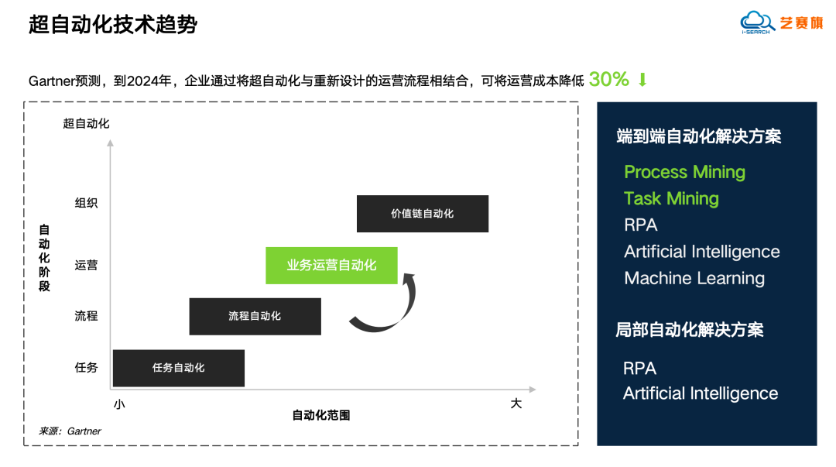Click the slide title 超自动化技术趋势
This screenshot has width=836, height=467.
click(x=113, y=25)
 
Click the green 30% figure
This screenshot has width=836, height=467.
click(x=609, y=79)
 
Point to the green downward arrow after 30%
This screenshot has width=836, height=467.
click(x=642, y=80)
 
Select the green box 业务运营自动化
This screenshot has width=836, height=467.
click(x=331, y=266)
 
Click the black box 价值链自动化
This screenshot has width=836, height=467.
click(x=422, y=214)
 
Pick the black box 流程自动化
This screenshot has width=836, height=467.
click(x=255, y=316)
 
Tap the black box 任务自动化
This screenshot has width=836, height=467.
click(x=178, y=368)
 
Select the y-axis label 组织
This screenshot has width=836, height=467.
click(x=87, y=204)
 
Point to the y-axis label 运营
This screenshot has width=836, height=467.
click(x=87, y=265)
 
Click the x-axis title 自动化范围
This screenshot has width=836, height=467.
click(x=320, y=415)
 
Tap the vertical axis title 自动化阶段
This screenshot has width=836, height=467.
click(x=44, y=258)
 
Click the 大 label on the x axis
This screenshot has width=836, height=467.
click(x=516, y=403)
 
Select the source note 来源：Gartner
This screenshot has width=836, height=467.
click(x=70, y=431)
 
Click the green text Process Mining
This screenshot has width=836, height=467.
click(x=684, y=172)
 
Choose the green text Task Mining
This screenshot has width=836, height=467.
click(x=671, y=198)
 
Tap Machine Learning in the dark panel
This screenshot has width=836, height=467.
click(x=694, y=278)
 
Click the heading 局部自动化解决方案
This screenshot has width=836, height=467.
click(x=689, y=330)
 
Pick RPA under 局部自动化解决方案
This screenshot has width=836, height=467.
click(x=639, y=368)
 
